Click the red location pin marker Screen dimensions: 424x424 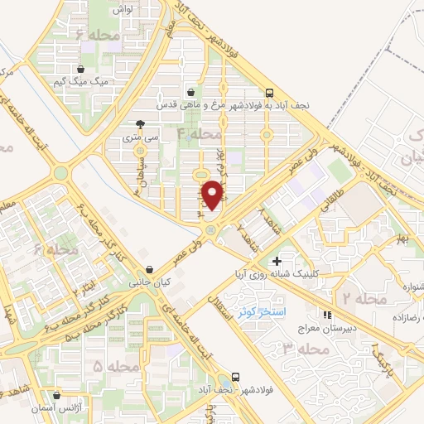tap(214, 194)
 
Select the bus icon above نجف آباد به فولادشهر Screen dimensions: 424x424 tap(269, 93)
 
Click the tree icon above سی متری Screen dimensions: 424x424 tap(140, 124)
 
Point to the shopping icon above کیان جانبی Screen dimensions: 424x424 tap(149, 269)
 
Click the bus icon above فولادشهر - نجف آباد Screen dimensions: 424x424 tap(237, 377)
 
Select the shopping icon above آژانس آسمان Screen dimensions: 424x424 tap(57, 396)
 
